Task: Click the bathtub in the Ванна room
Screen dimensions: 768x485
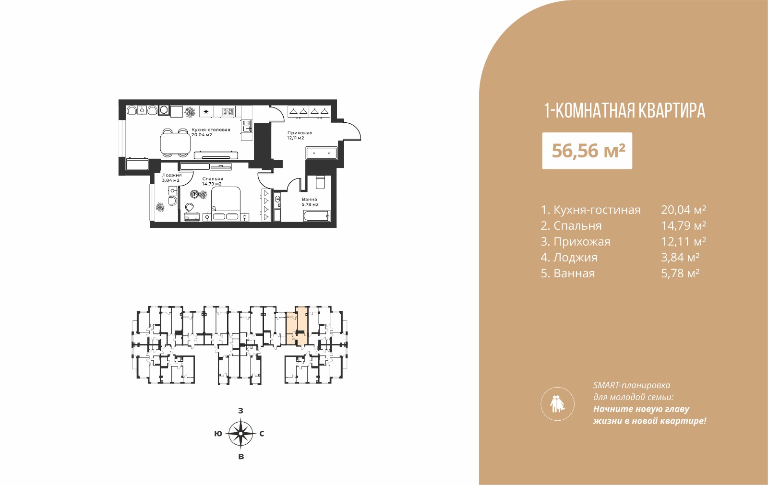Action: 316,216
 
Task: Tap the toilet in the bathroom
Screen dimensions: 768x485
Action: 320,182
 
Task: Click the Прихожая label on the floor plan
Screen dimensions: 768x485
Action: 300,133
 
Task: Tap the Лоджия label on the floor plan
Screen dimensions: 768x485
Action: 172,175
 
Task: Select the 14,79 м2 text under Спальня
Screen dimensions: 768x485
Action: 212,184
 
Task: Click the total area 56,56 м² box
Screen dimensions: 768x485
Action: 587,151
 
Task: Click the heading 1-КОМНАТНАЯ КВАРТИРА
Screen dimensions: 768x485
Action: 624,111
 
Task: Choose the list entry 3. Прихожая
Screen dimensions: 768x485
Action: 576,242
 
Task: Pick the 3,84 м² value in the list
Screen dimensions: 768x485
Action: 680,258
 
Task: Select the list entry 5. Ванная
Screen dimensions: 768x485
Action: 568,273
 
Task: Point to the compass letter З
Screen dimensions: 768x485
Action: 240,411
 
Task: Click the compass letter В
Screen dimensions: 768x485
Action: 241,457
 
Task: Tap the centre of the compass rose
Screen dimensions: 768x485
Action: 240,434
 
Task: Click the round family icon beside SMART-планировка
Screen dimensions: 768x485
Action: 557,404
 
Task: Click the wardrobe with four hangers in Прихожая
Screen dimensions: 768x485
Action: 309,111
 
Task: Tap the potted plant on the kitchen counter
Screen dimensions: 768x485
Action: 190,112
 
